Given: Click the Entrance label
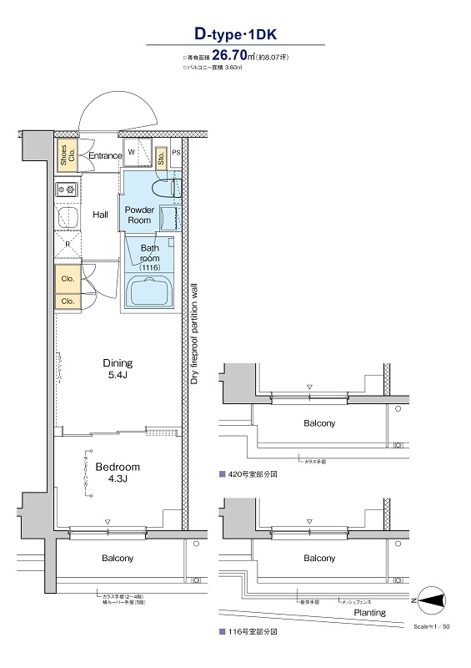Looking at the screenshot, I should pyautogui.click(x=105, y=155).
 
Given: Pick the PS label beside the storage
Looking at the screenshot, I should pyautogui.click(x=176, y=154).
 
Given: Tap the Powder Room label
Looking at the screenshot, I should pyautogui.click(x=138, y=215).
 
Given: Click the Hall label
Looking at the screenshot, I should pyautogui.click(x=101, y=215).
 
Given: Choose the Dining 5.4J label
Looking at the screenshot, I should pyautogui.click(x=118, y=368).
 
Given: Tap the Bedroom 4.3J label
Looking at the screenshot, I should pyautogui.click(x=117, y=472).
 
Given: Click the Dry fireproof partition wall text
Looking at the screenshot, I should pyautogui.click(x=194, y=335).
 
